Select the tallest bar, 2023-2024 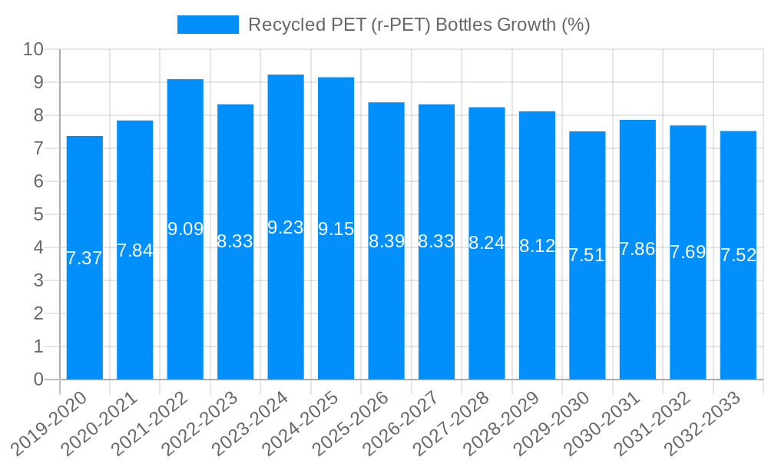click(286, 307)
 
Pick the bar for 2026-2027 click(436, 307)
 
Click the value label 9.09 click(185, 229)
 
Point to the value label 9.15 click(336, 229)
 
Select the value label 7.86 click(637, 249)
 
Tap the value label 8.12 click(537, 246)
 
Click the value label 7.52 click(738, 256)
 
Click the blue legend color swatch click(207, 25)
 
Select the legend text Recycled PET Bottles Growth click(419, 25)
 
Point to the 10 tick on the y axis click(33, 50)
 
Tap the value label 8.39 click(386, 241)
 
